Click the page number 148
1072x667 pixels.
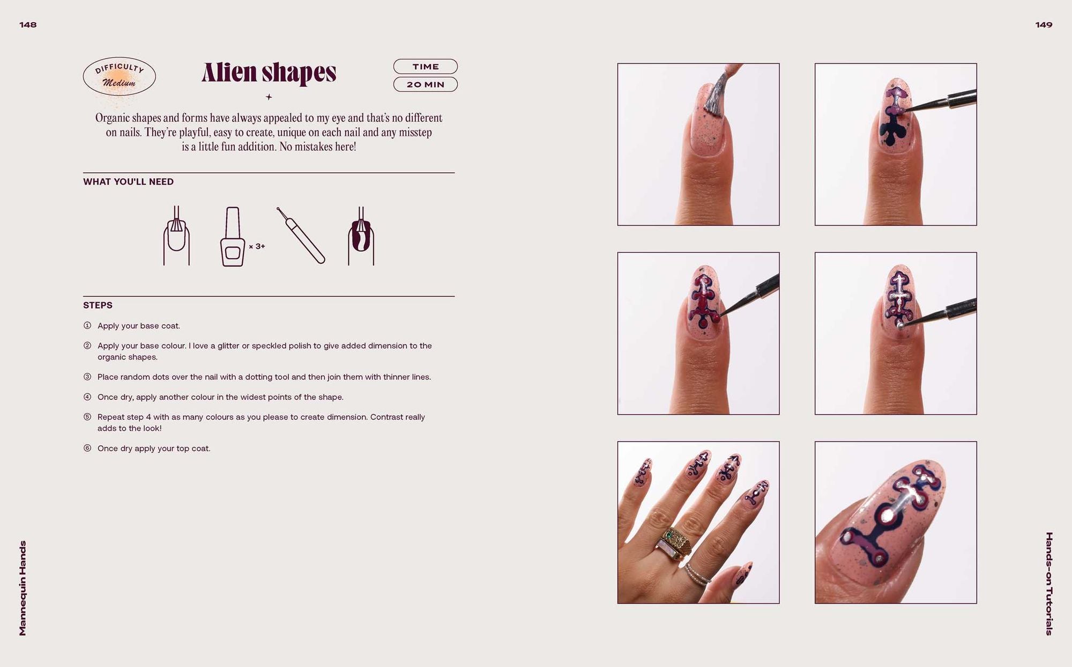[28, 25]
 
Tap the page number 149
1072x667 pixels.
[1044, 25]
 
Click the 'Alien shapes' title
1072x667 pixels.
[269, 72]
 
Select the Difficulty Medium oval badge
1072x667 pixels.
[120, 76]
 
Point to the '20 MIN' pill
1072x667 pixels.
[426, 84]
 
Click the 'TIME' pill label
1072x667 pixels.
[426, 67]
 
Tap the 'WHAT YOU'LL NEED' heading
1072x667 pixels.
[128, 182]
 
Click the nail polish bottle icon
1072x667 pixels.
[233, 236]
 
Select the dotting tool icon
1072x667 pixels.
[301, 235]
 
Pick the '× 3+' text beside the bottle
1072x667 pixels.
[257, 246]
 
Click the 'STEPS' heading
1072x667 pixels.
[98, 305]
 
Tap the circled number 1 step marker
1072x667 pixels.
[87, 326]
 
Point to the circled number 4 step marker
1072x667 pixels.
[87, 397]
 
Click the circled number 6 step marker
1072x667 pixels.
[87, 448]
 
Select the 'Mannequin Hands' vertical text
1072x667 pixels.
[23, 588]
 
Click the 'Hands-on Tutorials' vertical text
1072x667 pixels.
[1049, 584]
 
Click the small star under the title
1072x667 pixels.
[269, 97]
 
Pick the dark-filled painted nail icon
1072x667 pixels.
[361, 236]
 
